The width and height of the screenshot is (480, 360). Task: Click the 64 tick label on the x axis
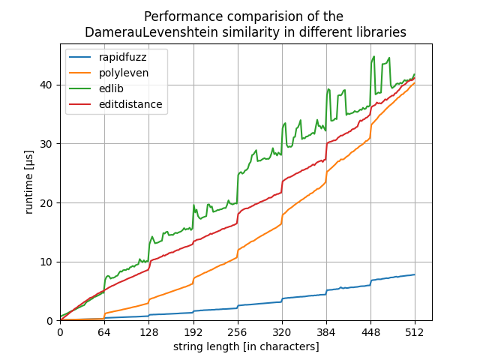[104, 332]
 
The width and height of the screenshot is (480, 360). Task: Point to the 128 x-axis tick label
[148, 332]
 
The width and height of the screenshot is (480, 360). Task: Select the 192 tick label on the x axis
[193, 332]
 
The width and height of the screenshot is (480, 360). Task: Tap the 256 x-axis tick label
[238, 332]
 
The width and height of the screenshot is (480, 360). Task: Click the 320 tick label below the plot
[282, 332]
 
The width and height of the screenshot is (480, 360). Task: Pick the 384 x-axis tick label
[326, 332]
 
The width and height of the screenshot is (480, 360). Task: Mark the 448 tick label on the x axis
[370, 332]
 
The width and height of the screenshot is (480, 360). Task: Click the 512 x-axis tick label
[415, 332]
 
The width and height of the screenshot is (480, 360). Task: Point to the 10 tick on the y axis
[49, 262]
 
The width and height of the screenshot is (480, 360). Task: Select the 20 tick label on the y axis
[49, 202]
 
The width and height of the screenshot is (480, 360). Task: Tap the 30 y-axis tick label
[49, 144]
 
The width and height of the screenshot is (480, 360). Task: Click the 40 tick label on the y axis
[49, 85]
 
